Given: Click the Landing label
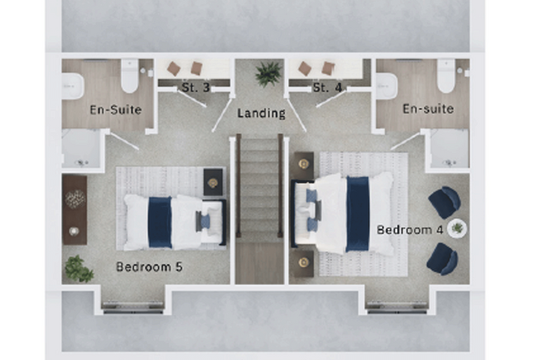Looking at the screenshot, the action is [x=261, y=113].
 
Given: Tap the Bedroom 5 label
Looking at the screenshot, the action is [x=149, y=266].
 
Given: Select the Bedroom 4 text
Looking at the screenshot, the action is [x=410, y=230].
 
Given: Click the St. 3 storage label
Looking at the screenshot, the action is [x=195, y=87].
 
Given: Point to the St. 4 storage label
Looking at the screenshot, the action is [x=327, y=87].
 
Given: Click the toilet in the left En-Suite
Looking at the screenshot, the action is [x=130, y=76].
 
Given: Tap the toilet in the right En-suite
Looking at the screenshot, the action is [x=446, y=76].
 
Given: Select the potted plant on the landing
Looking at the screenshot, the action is [x=268, y=73].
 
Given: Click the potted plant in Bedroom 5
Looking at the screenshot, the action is [x=79, y=269].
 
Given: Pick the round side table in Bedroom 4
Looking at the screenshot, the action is [x=457, y=228].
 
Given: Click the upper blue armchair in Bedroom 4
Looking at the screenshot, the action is [x=445, y=202].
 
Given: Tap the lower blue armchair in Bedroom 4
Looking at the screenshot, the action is [x=442, y=259].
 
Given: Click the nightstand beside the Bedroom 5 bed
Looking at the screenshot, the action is [x=213, y=182].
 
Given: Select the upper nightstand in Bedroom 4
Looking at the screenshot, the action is [x=304, y=165].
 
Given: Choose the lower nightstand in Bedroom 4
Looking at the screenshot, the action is [x=304, y=263].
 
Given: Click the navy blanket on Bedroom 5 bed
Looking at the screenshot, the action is [x=159, y=222].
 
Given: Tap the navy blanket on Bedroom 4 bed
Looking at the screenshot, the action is [x=358, y=214].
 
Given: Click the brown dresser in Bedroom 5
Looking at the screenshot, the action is [x=74, y=210].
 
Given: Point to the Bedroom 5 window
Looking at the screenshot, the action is [x=133, y=307].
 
